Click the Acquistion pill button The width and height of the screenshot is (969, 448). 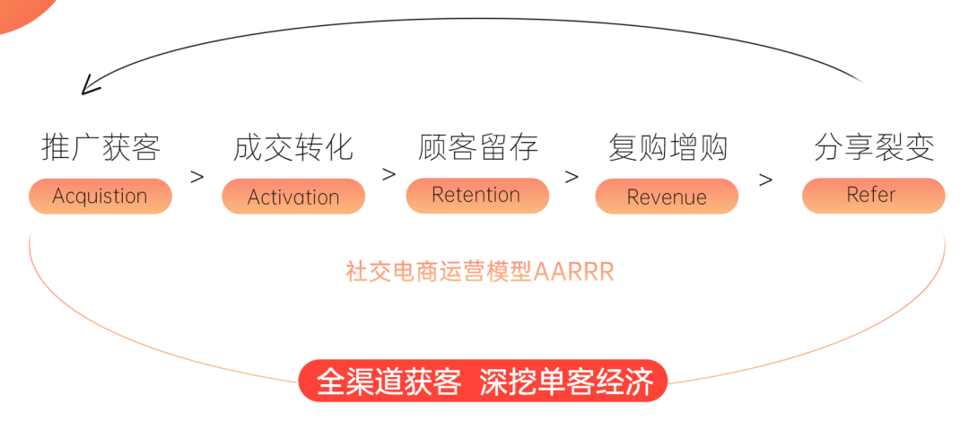(x=100, y=196)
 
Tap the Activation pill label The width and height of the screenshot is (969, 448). (x=293, y=197)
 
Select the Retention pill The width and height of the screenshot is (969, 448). (x=476, y=195)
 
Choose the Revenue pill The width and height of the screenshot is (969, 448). (x=667, y=197)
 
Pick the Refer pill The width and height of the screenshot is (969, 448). (x=872, y=195)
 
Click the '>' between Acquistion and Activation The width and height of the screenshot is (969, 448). (x=197, y=177)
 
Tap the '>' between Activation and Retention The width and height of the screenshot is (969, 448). (x=388, y=174)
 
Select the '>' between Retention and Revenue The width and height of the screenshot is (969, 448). (x=572, y=177)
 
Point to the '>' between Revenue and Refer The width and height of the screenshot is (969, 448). (x=765, y=180)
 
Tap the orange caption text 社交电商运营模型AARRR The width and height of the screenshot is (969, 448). (x=480, y=272)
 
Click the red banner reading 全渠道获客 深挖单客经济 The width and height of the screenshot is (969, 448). (x=484, y=381)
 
